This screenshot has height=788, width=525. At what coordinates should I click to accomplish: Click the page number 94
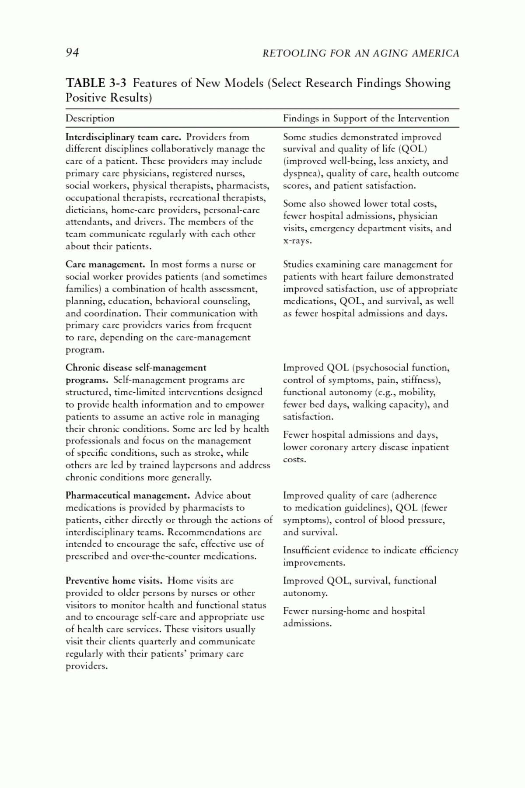[x=72, y=53]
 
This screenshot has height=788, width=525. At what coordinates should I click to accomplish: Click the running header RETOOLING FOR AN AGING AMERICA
[x=360, y=53]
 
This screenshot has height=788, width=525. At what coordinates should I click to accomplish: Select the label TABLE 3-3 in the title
[x=96, y=83]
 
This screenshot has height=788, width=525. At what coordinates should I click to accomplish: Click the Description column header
[x=90, y=118]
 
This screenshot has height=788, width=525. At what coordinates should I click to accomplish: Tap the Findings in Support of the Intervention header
[x=366, y=118]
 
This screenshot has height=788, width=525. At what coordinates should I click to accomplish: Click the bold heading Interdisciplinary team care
[x=123, y=137]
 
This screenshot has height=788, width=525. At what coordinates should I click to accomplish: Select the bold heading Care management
[x=105, y=264]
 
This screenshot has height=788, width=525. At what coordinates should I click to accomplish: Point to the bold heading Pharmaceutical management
[x=127, y=496]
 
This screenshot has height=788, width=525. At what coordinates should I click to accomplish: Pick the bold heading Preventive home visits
[x=114, y=581]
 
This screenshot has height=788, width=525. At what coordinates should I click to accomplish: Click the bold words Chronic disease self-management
[x=136, y=368]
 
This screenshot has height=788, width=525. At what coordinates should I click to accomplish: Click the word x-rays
[x=297, y=241]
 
